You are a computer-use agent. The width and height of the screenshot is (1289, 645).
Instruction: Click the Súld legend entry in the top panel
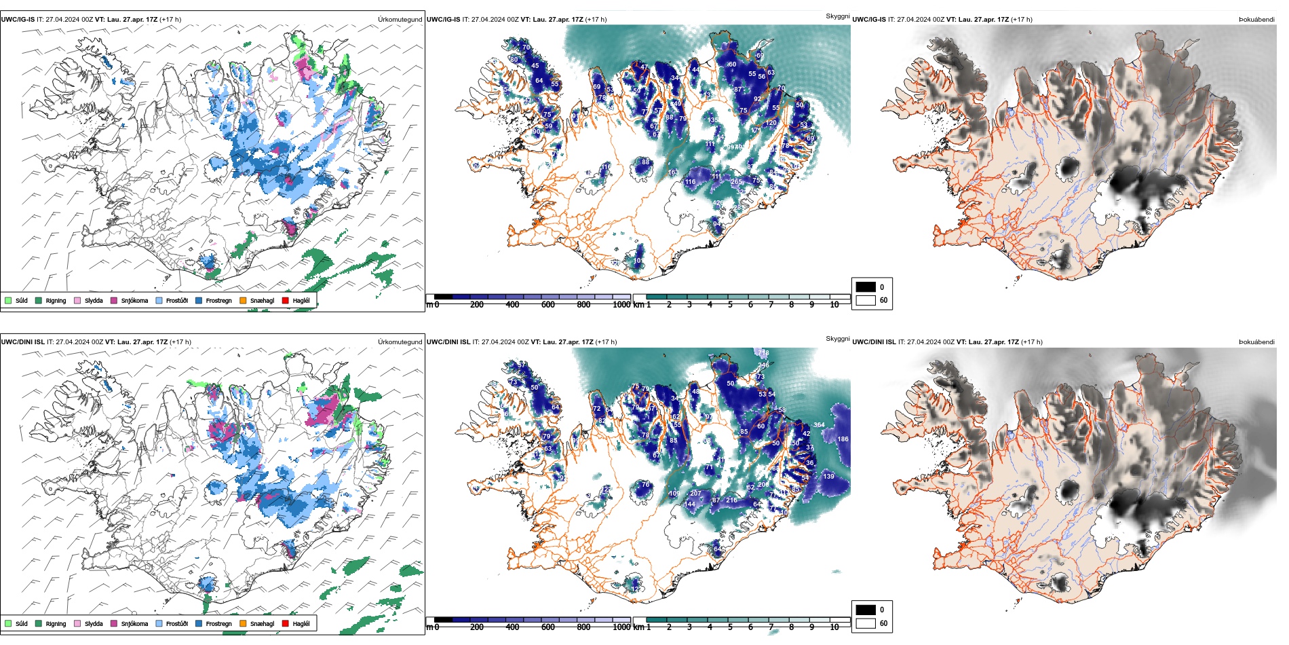click(x=21, y=301)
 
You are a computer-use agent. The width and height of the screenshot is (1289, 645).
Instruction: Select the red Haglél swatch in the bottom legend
click(x=286, y=623)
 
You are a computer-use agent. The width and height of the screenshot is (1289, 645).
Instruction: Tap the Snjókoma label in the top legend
click(x=134, y=301)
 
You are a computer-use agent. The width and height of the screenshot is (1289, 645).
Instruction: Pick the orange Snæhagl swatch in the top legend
click(x=243, y=300)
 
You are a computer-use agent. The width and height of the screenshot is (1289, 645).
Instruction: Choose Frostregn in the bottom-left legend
click(x=218, y=623)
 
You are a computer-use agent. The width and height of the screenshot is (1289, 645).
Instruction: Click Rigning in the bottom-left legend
click(x=56, y=623)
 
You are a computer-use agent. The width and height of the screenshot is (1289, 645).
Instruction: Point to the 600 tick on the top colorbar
click(x=548, y=305)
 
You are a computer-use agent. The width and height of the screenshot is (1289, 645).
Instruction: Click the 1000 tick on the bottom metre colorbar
click(x=621, y=627)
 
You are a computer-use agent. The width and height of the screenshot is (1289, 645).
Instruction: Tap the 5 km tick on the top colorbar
click(x=730, y=305)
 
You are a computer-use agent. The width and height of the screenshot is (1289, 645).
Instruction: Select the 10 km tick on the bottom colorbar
click(x=834, y=627)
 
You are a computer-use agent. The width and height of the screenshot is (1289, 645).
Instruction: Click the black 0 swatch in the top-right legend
click(x=866, y=287)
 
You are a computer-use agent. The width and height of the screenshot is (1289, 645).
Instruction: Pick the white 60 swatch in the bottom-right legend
click(x=866, y=623)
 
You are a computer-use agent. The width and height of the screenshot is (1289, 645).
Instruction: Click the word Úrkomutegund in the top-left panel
click(x=400, y=19)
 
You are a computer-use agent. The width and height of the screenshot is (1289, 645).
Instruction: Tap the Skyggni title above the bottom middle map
click(x=837, y=338)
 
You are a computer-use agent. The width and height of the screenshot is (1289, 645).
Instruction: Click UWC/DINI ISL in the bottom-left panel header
click(x=22, y=342)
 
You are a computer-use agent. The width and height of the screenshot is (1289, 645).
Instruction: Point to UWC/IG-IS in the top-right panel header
click(x=869, y=19)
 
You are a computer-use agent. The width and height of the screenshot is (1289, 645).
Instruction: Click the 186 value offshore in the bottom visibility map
click(x=843, y=439)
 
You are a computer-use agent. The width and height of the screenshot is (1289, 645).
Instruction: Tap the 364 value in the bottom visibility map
click(x=819, y=425)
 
